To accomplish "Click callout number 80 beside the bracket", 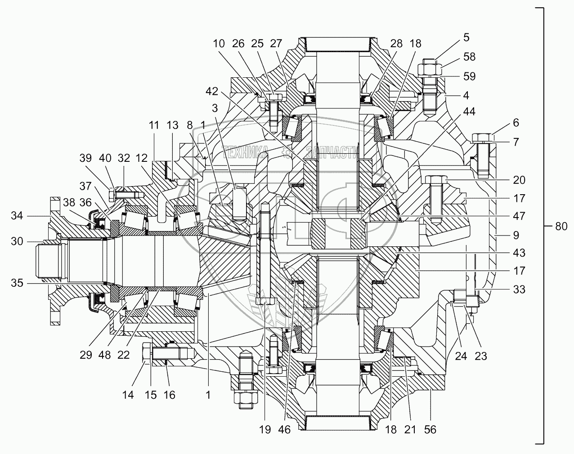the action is (x=561, y=227).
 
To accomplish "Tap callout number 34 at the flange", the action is (x=17, y=215).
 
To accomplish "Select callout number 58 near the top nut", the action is (x=469, y=57).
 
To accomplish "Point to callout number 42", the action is (x=212, y=91).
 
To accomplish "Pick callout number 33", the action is (x=519, y=289).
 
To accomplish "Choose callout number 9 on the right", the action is (x=516, y=235).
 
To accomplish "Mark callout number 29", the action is (x=86, y=355).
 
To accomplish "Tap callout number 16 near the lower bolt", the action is (x=169, y=395).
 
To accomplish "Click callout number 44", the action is (x=469, y=111).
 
